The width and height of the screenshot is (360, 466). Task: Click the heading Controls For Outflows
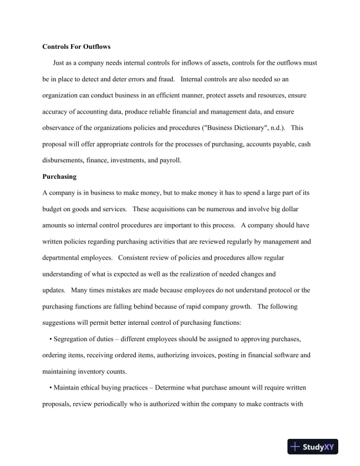click(x=76, y=46)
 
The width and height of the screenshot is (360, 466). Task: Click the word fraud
click(x=165, y=78)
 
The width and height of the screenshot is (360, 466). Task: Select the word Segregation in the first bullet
click(x=73, y=339)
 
